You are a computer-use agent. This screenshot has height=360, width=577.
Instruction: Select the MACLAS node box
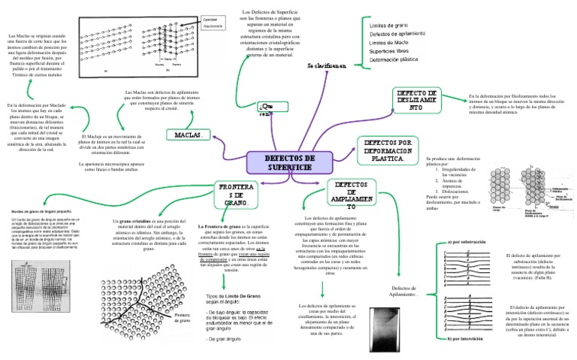point(186,135)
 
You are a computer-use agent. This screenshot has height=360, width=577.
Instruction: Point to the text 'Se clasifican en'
point(327,65)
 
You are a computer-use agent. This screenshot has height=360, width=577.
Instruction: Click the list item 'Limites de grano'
point(391,26)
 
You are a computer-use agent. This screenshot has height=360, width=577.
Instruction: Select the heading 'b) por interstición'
point(471,339)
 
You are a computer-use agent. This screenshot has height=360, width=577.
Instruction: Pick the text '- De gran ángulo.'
point(226,339)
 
